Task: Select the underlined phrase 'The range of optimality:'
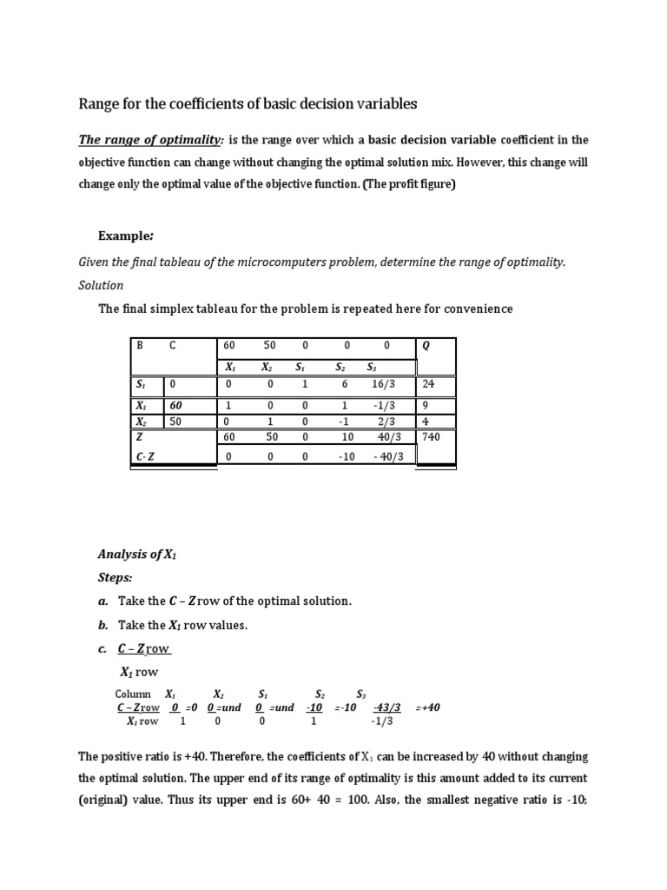pos(151,140)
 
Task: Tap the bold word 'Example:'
pos(126,236)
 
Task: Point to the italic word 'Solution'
pos(101,285)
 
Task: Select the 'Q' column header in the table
pos(426,345)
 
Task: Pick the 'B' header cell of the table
pos(139,345)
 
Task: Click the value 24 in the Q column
pos(428,383)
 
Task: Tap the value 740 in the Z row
pos(432,437)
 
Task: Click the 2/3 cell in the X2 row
pos(387,422)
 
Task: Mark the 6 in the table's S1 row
pos(345,383)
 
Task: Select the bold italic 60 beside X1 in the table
pos(176,406)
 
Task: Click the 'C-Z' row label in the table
pos(145,456)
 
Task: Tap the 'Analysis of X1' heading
pos(137,554)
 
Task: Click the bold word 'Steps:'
pos(116,577)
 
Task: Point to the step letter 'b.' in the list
pos(102,625)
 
